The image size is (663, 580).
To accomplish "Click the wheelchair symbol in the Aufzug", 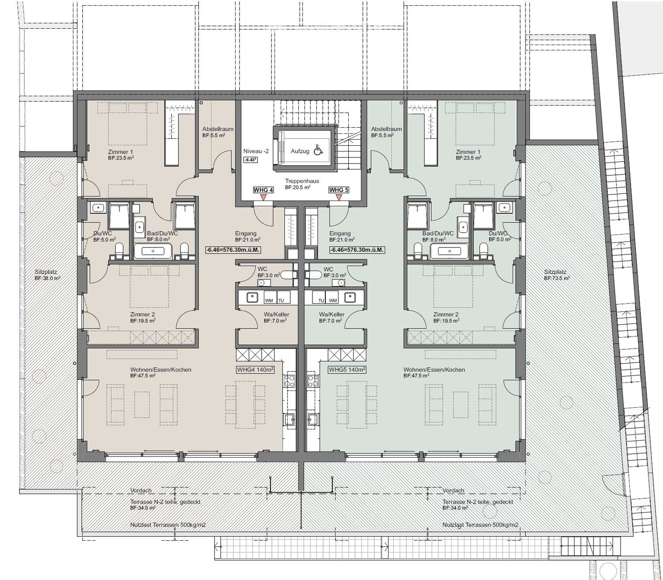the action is pyautogui.click(x=318, y=151).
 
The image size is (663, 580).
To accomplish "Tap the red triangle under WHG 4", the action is pyautogui.click(x=264, y=197).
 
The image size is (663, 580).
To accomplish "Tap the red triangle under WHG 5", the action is pyautogui.click(x=339, y=197).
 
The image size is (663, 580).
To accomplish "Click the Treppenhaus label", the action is pyautogui.click(x=302, y=181).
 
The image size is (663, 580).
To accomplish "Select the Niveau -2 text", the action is pyautogui.click(x=256, y=151).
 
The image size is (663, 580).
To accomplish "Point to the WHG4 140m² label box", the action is pyautogui.click(x=255, y=369).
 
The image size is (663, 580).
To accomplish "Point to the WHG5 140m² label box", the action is pyautogui.click(x=347, y=369).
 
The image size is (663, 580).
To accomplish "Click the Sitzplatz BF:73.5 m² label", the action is pyautogui.click(x=557, y=275).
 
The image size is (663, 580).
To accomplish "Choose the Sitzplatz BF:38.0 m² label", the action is pyautogui.click(x=47, y=275).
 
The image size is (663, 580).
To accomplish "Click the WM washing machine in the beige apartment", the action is pyautogui.click(x=269, y=297).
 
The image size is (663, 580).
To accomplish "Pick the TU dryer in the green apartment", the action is pyautogui.click(x=321, y=297).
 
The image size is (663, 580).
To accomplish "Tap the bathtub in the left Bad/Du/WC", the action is pyautogui.click(x=153, y=251).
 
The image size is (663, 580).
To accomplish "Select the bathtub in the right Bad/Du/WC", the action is pyautogui.click(x=449, y=251).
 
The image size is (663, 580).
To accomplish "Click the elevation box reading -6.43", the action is pyautogui.click(x=250, y=159).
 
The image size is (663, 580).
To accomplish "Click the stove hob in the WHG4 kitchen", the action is pyautogui.click(x=290, y=381).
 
